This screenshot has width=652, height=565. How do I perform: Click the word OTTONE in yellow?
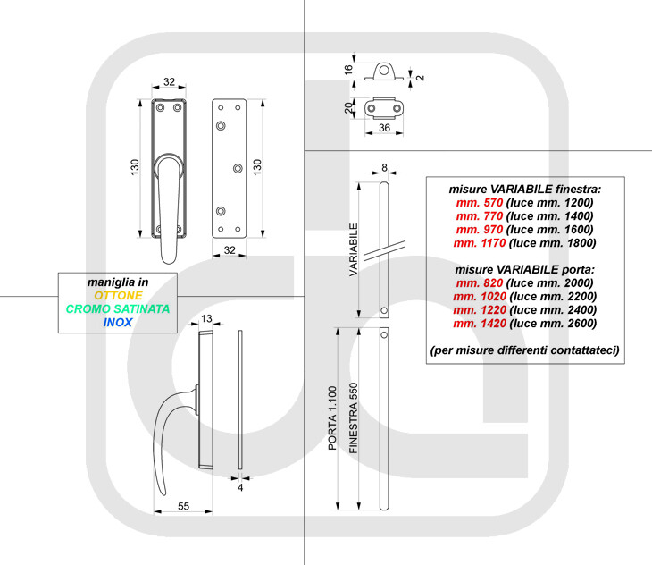pyautogui.click(x=118, y=295)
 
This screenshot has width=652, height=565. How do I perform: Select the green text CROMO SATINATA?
pyautogui.click(x=118, y=308)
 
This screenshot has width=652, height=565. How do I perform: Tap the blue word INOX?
pyautogui.click(x=118, y=322)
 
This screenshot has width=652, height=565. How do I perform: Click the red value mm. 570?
pyautogui.click(x=480, y=203)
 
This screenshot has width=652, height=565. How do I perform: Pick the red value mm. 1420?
pyautogui.click(x=480, y=324)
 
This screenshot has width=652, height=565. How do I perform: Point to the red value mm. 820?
pyautogui.click(x=480, y=282)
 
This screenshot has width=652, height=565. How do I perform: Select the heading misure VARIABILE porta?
pyautogui.click(x=525, y=270)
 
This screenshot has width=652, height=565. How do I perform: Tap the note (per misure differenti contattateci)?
pyautogui.click(x=525, y=350)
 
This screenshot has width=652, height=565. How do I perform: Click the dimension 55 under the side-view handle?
pyautogui.click(x=183, y=506)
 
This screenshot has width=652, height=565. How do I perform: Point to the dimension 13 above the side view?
pyautogui.click(x=206, y=318)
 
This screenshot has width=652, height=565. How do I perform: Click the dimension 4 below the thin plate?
pyautogui.click(x=240, y=487)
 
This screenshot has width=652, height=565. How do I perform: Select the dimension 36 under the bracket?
pyautogui.click(x=385, y=128)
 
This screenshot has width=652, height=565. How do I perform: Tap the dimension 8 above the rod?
pyautogui.click(x=384, y=167)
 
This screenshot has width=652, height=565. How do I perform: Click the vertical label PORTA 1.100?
pyautogui.click(x=332, y=418)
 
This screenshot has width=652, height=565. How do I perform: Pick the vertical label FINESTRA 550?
pyautogui.click(x=354, y=418)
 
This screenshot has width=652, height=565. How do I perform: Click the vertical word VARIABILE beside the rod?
pyautogui.click(x=354, y=249)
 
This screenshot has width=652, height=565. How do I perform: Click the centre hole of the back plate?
pyautogui.click(x=238, y=168)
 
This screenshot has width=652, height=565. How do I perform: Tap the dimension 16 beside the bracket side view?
pyautogui.click(x=348, y=70)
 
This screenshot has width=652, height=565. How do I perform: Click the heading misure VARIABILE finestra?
pyautogui.click(x=525, y=190)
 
